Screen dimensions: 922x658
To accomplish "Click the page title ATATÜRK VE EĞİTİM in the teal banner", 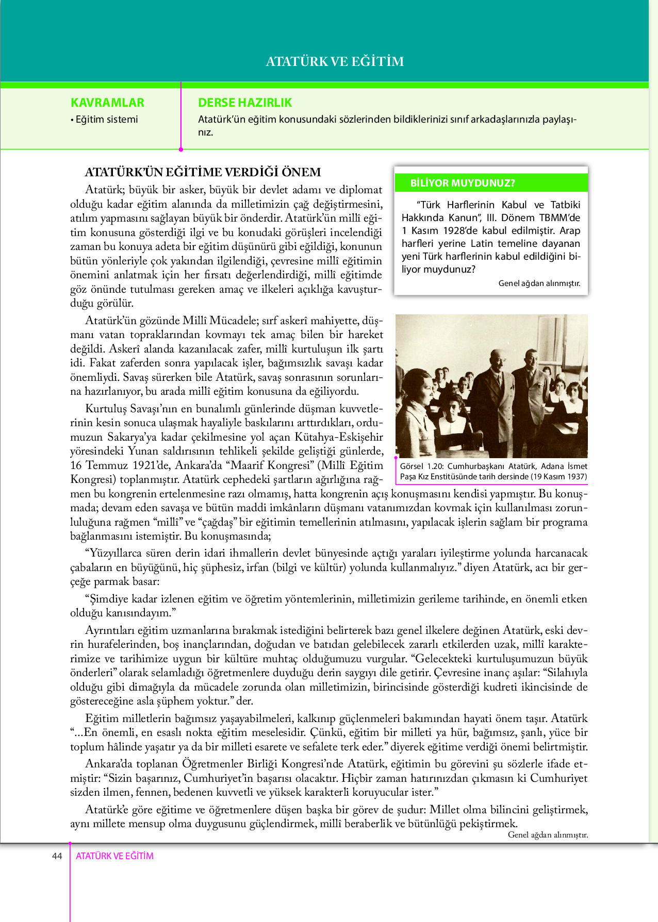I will pyautogui.click(x=335, y=61).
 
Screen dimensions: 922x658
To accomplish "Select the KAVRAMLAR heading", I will pyautogui.click(x=107, y=103).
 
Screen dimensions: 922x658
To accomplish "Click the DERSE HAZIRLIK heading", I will pyautogui.click(x=245, y=103).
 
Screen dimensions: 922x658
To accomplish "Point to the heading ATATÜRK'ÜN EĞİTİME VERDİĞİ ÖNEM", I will pyautogui.click(x=203, y=172).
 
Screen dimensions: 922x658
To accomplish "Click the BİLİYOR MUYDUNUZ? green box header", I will pyautogui.click(x=463, y=183).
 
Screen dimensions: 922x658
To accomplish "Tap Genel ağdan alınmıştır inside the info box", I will pyautogui.click(x=539, y=283).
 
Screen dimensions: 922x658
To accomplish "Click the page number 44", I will pyautogui.click(x=57, y=856).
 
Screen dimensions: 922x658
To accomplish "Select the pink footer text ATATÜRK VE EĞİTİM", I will pyautogui.click(x=114, y=856).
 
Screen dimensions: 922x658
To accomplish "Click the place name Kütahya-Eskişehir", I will pyautogui.click(x=338, y=437).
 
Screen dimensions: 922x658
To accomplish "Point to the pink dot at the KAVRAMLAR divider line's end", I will pyautogui.click(x=181, y=149).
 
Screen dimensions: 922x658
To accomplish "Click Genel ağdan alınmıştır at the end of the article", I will pyautogui.click(x=548, y=835).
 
